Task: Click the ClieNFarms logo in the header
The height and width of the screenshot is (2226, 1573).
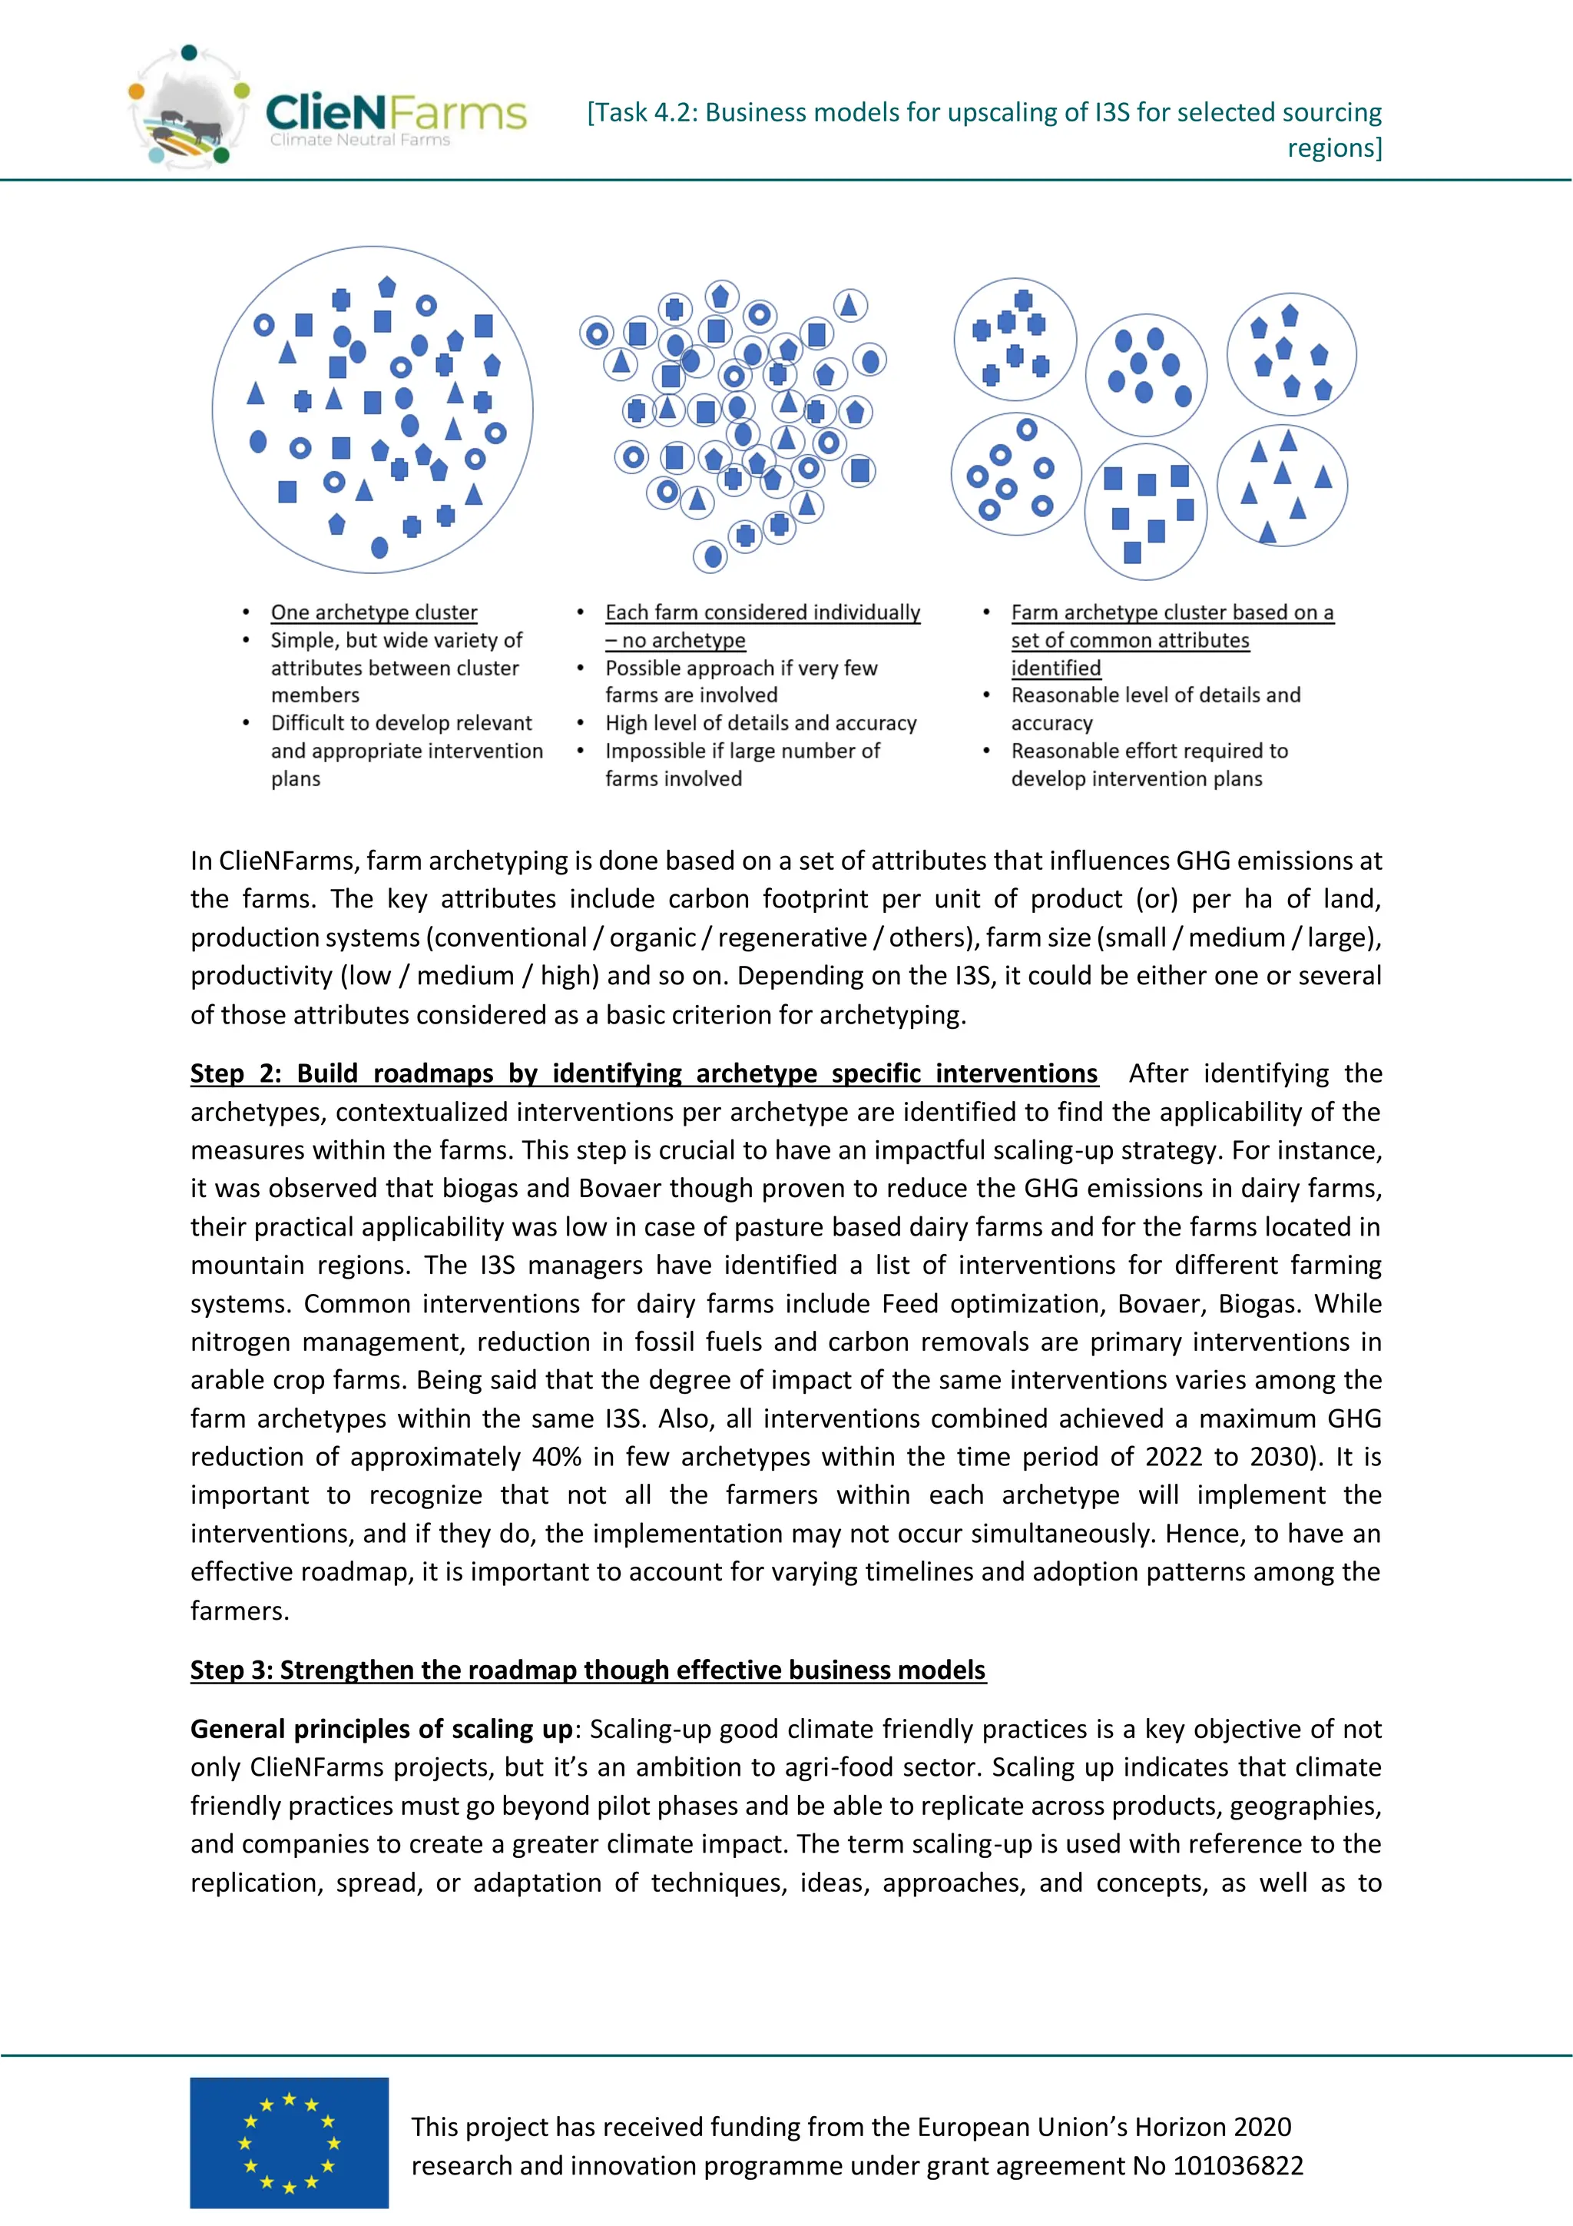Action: (328, 111)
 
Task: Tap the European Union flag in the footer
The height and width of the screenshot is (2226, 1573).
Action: (289, 2141)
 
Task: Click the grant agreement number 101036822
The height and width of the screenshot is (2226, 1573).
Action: (1237, 2166)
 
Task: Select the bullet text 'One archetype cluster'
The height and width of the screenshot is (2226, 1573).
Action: (373, 612)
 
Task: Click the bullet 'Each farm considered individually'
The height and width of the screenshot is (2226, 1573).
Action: (762, 612)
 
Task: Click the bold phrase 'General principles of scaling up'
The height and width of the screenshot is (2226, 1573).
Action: (381, 1729)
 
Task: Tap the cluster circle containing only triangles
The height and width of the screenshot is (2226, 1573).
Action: (1281, 485)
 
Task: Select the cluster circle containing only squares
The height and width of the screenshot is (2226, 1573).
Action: (1146, 511)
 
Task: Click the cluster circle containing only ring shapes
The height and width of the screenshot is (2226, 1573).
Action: (1015, 474)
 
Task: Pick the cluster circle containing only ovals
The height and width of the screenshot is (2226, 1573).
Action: (1146, 373)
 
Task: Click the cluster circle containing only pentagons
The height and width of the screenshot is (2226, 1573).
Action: (1290, 354)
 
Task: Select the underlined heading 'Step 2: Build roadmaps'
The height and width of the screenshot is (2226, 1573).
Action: (643, 1073)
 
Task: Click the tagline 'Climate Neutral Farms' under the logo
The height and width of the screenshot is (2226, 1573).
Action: (359, 141)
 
